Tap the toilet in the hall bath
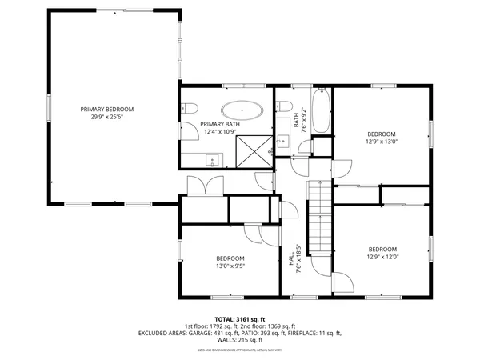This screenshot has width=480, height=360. (286, 109)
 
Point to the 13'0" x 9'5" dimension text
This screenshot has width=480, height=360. (230, 266)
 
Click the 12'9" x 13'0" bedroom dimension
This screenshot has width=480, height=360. (382, 142)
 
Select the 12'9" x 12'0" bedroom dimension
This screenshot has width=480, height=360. (382, 258)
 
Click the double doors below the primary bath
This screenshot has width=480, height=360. (198, 185)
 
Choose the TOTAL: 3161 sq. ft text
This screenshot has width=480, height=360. (239, 318)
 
